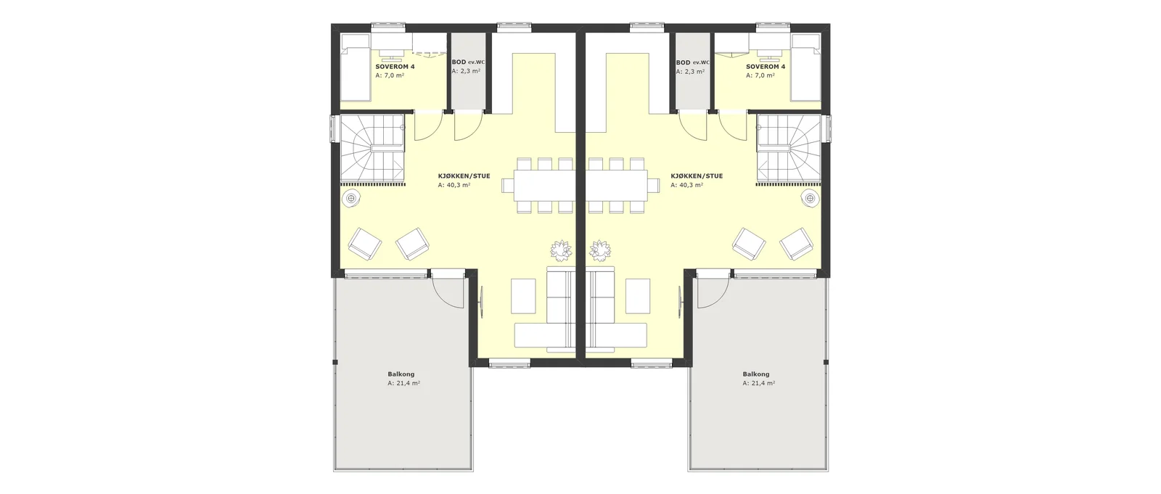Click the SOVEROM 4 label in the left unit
click(395, 67)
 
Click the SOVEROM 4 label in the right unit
click(766, 67)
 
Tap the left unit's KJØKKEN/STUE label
click(464, 176)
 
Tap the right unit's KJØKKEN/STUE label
click(697, 176)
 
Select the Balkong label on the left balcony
click(401, 374)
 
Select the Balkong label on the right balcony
click(756, 374)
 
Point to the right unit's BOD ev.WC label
click(692, 62)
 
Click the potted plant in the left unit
click(561, 250)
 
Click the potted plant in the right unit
click(600, 250)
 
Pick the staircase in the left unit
click(372, 149)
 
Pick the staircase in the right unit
click(789, 149)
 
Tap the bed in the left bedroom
click(355, 67)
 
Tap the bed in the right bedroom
click(806, 67)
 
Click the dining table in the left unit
click(545, 185)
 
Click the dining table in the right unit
click(617, 185)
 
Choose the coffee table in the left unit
click(523, 296)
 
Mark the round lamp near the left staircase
click(352, 198)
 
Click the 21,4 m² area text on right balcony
click(759, 384)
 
